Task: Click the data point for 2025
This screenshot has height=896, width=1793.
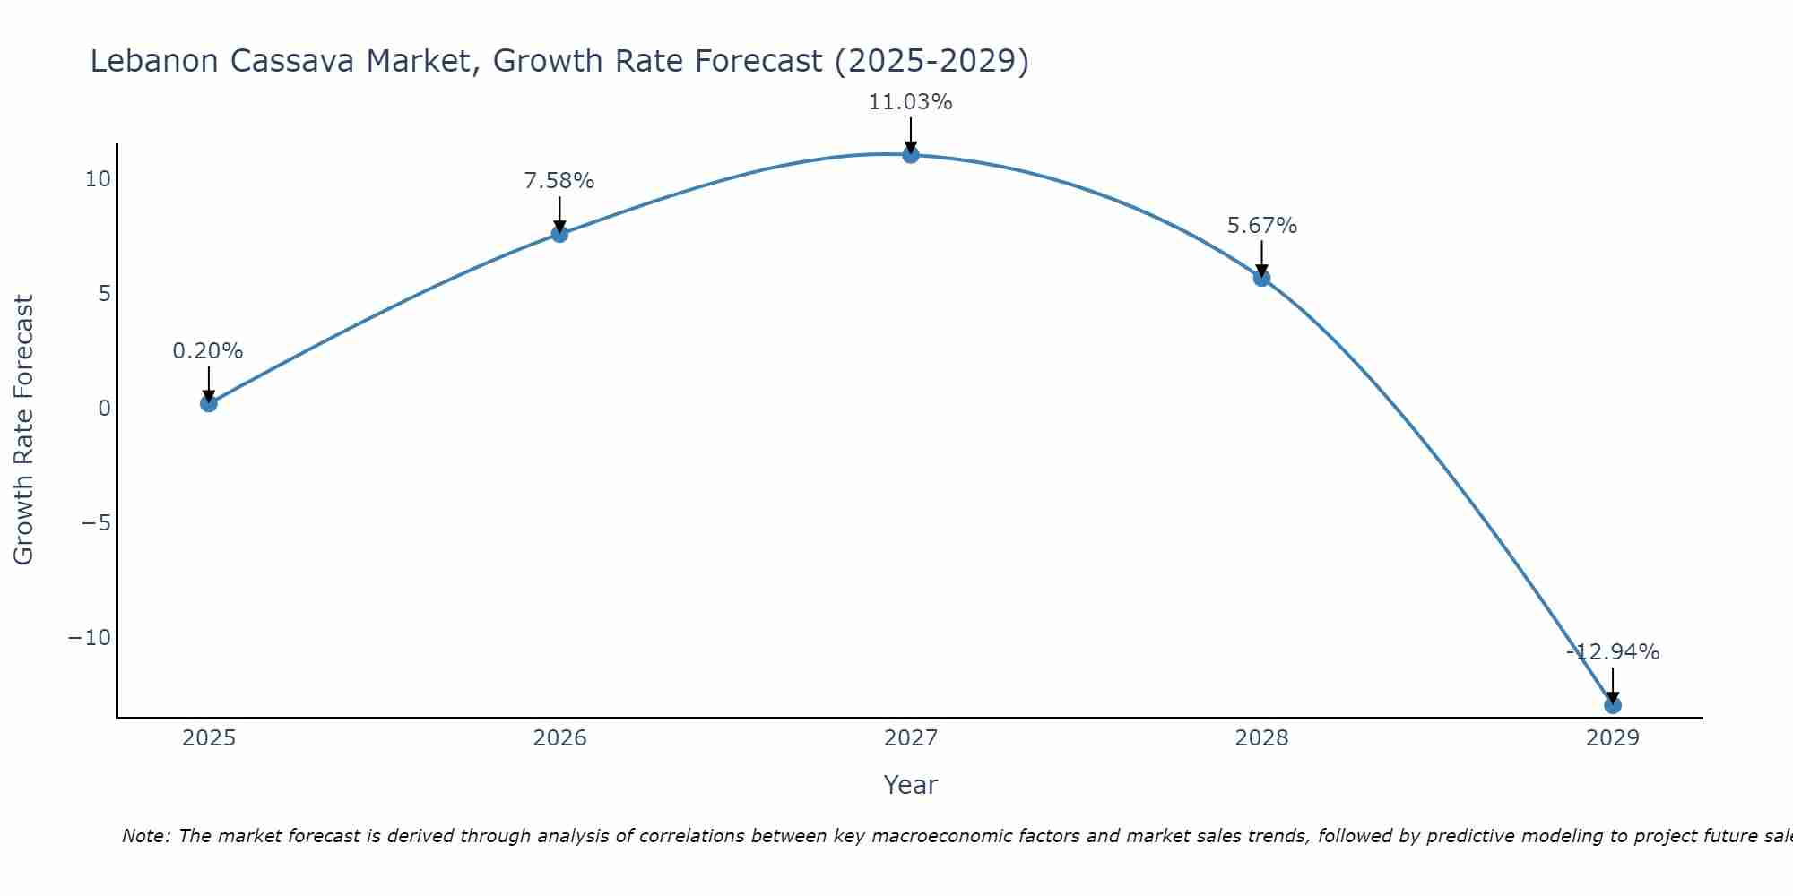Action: click(x=209, y=403)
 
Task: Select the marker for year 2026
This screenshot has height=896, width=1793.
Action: click(x=559, y=234)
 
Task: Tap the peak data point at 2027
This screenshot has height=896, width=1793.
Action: click(x=911, y=155)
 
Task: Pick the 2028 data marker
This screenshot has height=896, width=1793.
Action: click(x=1261, y=278)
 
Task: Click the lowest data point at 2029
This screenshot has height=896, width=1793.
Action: click(x=1613, y=705)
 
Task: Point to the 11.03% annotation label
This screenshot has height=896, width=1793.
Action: click(x=910, y=102)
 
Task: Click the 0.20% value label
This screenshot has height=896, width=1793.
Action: click(x=208, y=351)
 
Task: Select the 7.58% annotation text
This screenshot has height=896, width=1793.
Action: click(x=559, y=181)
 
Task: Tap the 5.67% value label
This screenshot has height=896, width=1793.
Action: click(x=1261, y=226)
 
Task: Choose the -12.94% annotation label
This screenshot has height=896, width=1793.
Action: click(x=1613, y=652)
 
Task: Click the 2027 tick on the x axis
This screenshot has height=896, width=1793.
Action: click(x=911, y=738)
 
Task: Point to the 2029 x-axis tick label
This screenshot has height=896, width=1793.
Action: click(x=1613, y=738)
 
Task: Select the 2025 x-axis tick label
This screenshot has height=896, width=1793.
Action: click(x=209, y=738)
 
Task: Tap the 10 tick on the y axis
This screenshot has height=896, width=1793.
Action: click(x=98, y=179)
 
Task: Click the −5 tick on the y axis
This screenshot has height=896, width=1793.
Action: click(x=96, y=523)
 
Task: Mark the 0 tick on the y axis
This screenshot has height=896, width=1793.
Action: click(x=105, y=409)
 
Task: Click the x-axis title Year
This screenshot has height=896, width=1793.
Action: click(x=911, y=785)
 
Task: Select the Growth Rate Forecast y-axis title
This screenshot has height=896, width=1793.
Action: click(x=23, y=430)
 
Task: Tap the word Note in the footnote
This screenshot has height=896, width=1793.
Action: click(x=144, y=836)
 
